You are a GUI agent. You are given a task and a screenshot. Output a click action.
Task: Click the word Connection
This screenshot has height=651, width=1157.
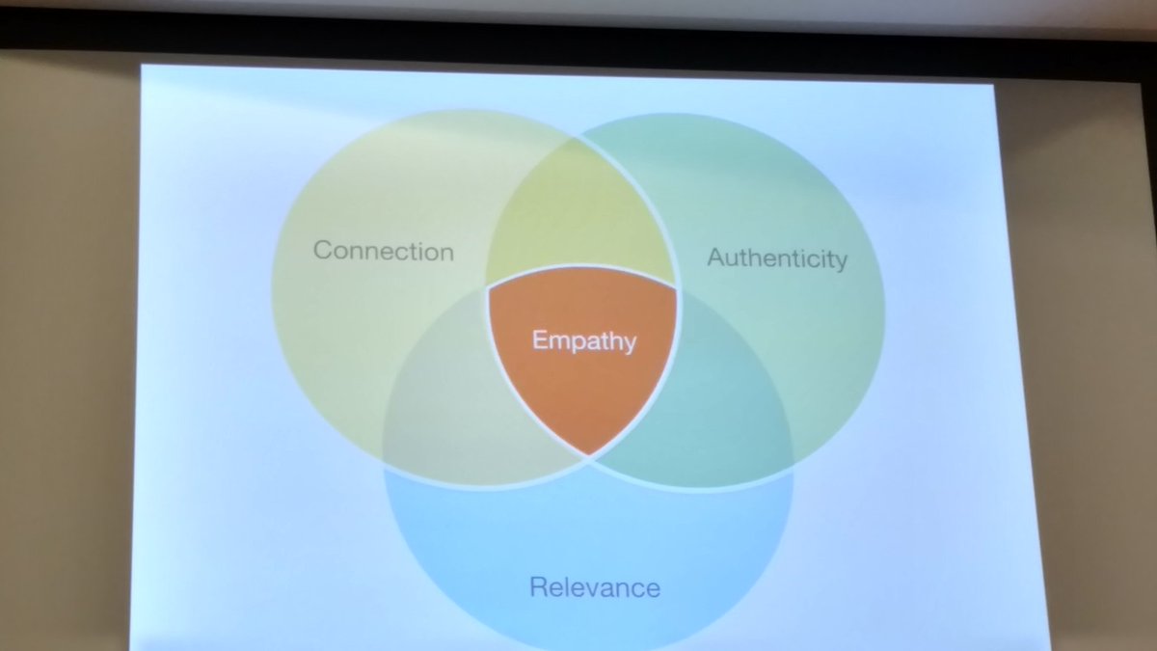point(384,252)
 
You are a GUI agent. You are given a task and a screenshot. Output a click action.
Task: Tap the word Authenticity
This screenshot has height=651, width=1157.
point(777,258)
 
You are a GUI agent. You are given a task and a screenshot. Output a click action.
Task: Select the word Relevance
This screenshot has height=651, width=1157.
point(595,586)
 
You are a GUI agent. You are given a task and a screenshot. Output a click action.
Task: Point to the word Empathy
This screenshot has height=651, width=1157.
point(584,339)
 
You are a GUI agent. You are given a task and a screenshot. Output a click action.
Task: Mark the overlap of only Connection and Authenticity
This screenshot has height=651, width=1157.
point(578,212)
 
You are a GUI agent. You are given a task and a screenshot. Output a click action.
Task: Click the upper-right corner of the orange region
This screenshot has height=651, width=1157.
point(678,286)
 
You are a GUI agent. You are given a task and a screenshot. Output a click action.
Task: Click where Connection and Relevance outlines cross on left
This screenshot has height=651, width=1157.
point(384,453)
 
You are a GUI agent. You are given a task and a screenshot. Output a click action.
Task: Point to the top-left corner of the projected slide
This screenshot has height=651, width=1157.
point(142,66)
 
